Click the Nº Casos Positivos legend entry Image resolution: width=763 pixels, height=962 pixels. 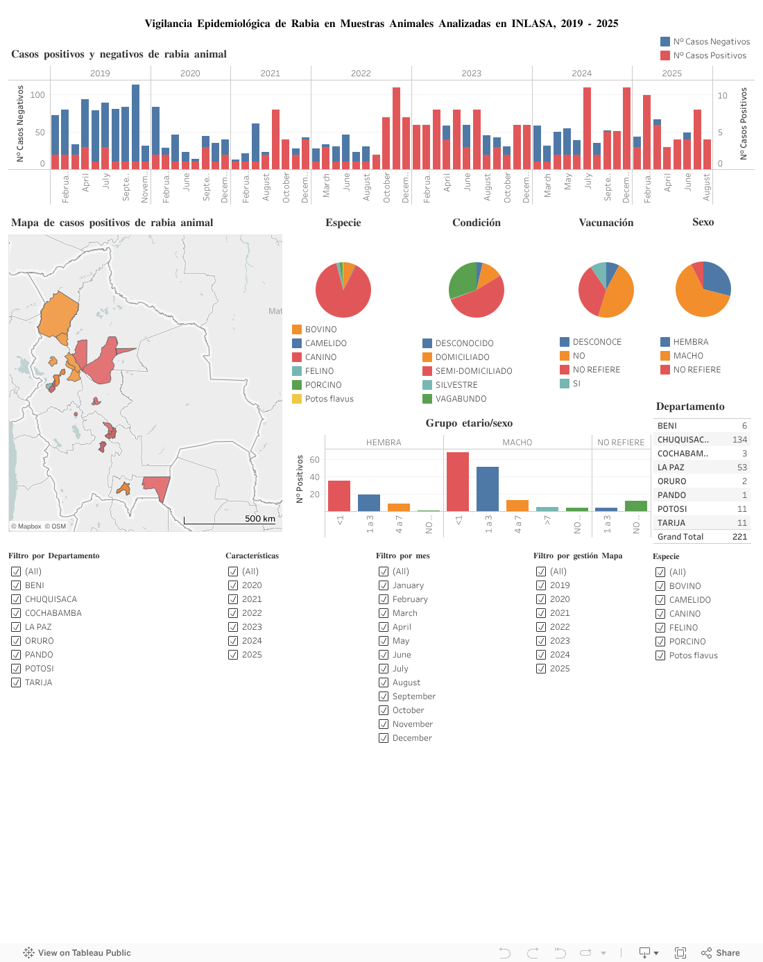click(709, 55)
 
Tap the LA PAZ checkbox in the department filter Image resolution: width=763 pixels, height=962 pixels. click(16, 627)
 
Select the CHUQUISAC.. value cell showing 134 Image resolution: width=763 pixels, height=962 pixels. click(739, 440)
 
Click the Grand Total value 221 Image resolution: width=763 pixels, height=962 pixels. click(739, 537)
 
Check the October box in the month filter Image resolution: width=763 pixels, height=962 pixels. click(384, 710)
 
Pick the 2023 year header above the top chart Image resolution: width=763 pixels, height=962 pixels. click(471, 73)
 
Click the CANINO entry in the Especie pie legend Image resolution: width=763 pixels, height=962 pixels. click(320, 357)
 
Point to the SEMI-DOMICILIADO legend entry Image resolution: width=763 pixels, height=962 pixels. click(473, 371)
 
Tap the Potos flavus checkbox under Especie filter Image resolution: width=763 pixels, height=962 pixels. click(660, 655)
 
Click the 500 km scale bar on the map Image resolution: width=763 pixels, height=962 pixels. click(230, 520)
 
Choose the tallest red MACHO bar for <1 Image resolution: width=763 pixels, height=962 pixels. click(458, 481)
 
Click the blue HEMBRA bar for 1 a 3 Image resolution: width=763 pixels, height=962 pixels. click(369, 503)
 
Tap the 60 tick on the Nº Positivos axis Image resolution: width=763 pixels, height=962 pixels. click(314, 460)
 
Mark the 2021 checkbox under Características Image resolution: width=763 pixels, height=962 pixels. click(233, 599)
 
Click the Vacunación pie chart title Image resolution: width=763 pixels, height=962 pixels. click(606, 223)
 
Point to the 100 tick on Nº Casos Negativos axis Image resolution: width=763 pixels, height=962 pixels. click(37, 95)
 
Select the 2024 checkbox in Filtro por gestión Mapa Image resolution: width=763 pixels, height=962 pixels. click(541, 655)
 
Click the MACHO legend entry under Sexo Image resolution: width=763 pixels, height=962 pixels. click(687, 356)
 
